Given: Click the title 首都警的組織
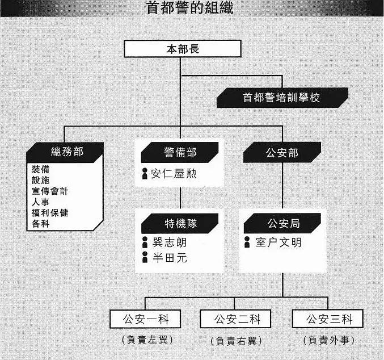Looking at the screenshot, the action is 189,8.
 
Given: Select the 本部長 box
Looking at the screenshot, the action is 183,49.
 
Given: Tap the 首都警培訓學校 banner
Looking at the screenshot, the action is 282,98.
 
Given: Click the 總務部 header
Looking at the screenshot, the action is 65,152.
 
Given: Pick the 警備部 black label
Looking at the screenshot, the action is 180,152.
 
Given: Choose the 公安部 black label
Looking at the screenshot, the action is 282,153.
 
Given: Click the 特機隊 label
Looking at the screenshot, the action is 180,223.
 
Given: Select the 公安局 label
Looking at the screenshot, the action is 282,223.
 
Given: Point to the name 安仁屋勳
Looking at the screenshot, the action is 174,174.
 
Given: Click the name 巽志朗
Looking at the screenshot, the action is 170,242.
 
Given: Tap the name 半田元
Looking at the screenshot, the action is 170,258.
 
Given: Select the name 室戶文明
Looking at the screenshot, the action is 278,242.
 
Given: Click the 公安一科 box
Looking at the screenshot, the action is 145,319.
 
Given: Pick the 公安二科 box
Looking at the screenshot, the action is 235,319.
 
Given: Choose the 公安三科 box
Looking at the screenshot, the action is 327,319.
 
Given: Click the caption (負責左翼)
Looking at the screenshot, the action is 147,340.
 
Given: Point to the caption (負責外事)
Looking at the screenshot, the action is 328,340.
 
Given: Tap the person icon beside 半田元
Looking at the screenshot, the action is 145,257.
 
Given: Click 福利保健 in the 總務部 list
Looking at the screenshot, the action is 50,212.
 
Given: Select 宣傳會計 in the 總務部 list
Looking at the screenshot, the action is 50,191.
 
